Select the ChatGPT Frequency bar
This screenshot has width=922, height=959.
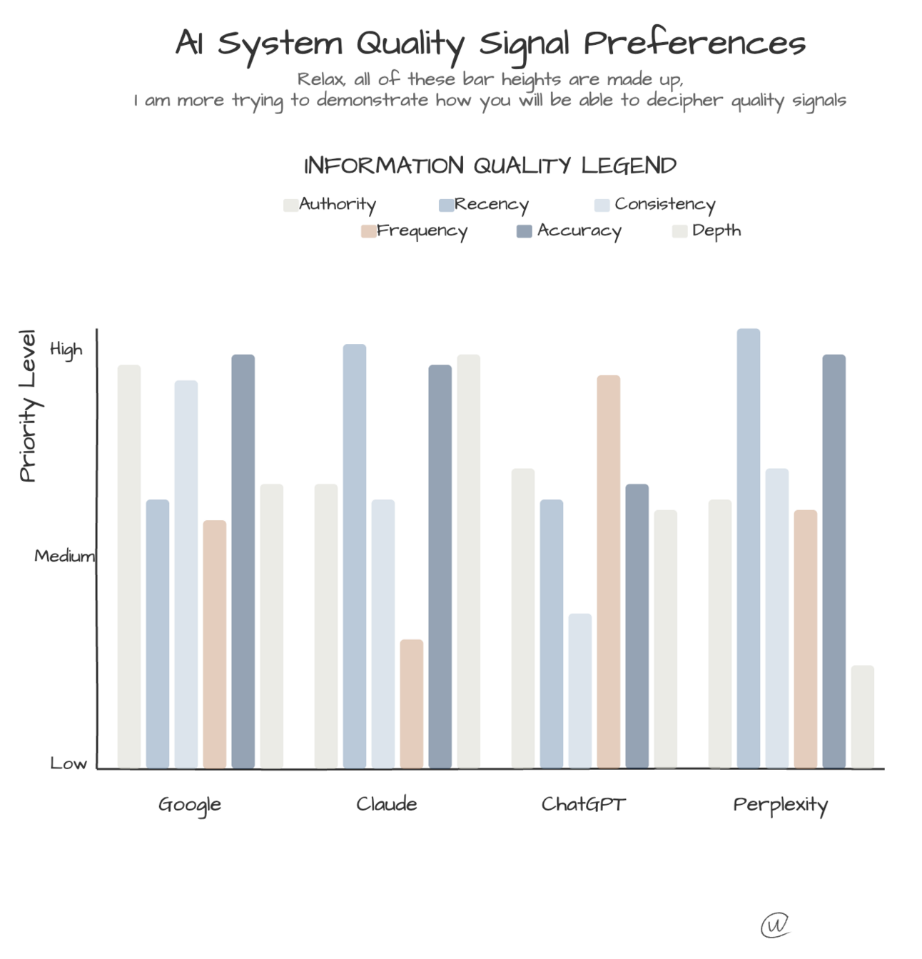tap(608, 571)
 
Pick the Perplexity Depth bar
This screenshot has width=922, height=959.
tap(862, 716)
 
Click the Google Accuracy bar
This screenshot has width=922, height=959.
tap(243, 561)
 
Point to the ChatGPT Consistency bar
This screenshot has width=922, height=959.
tap(579, 691)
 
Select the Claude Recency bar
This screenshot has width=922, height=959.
tap(354, 556)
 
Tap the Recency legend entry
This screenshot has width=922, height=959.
tap(484, 204)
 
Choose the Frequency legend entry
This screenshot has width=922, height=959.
tap(414, 230)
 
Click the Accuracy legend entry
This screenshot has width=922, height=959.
tap(569, 230)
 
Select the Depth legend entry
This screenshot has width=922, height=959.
tap(707, 230)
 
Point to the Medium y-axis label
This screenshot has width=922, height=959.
tap(64, 555)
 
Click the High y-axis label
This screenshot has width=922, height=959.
tap(66, 350)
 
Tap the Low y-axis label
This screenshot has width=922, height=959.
tap(69, 763)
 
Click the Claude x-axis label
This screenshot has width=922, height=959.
tap(386, 804)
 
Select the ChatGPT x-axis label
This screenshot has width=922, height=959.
tap(583, 804)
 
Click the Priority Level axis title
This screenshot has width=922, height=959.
tap(28, 405)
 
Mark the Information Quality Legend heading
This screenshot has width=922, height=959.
tap(490, 166)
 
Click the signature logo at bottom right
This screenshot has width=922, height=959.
tap(775, 925)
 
